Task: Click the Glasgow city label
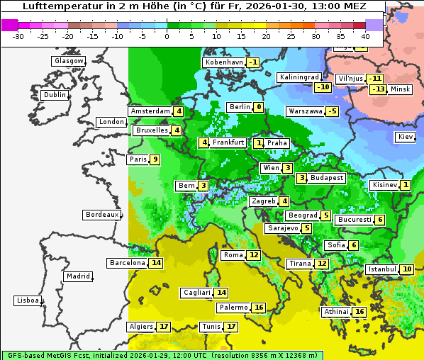tap(69, 61)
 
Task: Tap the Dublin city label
tap(55, 95)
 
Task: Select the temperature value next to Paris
tap(154, 159)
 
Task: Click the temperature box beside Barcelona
tap(156, 263)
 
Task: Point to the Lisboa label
tap(28, 300)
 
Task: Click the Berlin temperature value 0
tap(259, 107)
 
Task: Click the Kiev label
tap(406, 137)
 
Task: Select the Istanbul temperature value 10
tap(407, 269)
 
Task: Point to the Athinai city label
tap(336, 312)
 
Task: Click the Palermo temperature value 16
tap(259, 308)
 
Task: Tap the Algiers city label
tap(140, 327)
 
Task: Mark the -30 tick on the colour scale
tap(18, 35)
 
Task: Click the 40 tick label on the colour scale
tap(365, 35)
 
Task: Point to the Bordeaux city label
tap(102, 215)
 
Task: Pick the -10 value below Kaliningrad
tap(323, 87)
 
